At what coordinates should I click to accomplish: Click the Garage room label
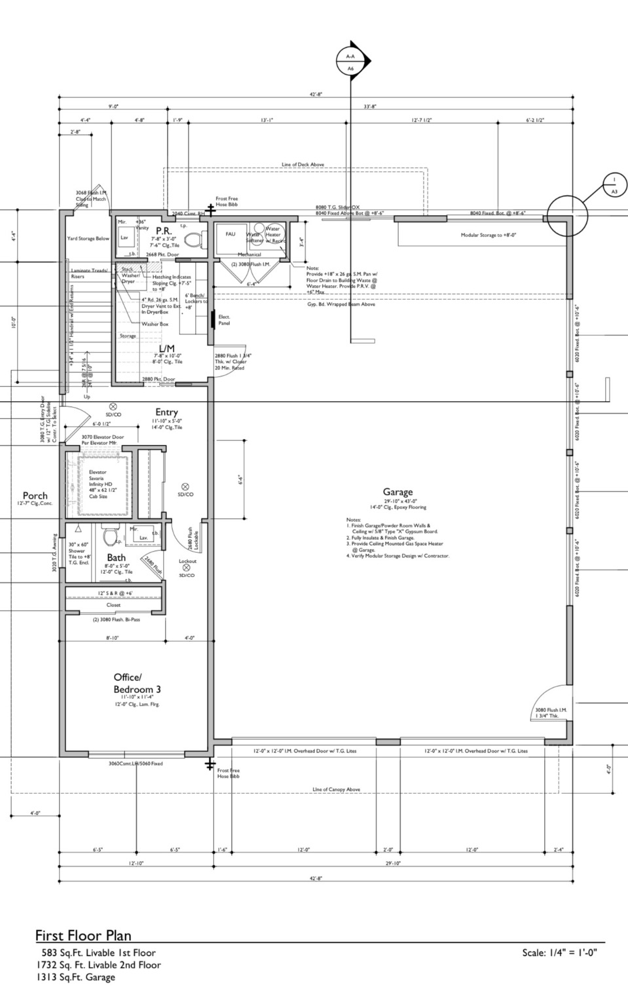[397, 492]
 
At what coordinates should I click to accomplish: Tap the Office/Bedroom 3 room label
[137, 683]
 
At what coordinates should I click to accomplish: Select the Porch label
[35, 495]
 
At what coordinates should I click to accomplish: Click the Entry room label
[166, 412]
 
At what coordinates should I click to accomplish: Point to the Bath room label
[117, 557]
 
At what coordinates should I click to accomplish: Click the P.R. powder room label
[163, 231]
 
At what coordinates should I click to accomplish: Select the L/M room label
[166, 347]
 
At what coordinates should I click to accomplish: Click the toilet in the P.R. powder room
[193, 239]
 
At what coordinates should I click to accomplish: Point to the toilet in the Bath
[111, 537]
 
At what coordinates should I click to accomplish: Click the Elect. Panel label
[224, 320]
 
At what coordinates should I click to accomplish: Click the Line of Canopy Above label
[336, 790]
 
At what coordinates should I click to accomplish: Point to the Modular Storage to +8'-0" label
[489, 234]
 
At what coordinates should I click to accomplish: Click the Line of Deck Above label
[303, 165]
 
